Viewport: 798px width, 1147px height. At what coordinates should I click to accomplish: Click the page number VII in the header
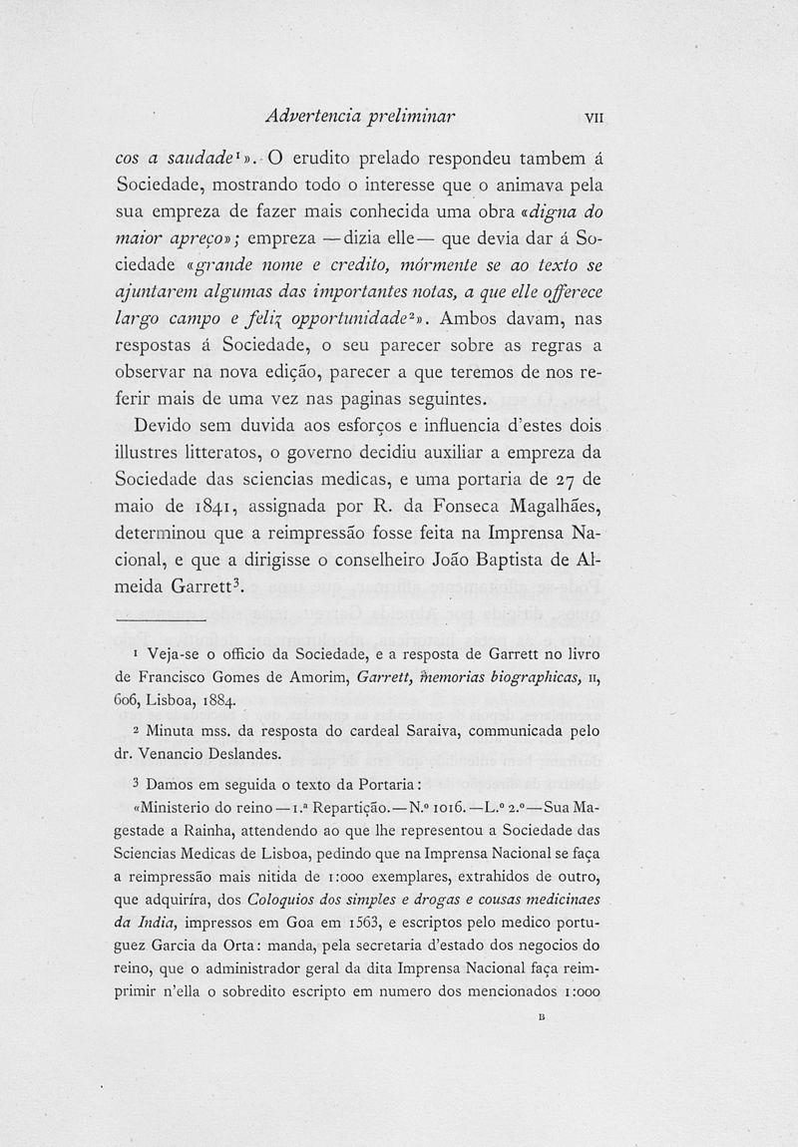[595, 116]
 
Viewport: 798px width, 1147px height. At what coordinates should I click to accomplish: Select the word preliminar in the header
[412, 115]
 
